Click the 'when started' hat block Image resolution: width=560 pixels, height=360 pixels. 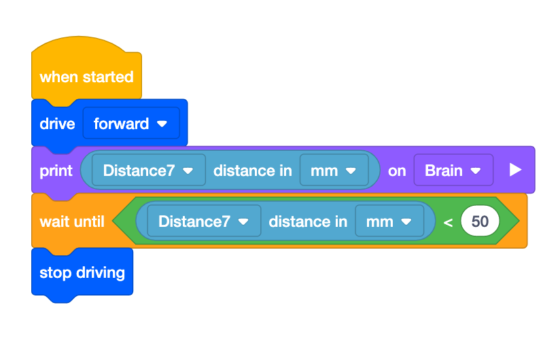(86, 77)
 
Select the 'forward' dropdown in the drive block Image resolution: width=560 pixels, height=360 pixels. (130, 124)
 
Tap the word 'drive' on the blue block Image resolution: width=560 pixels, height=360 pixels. (57, 124)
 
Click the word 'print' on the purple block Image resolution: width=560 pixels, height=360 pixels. (56, 170)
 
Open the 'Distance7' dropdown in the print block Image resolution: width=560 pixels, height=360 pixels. (148, 170)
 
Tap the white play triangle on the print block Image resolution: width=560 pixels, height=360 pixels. (515, 170)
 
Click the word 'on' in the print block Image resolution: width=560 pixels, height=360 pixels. (397, 170)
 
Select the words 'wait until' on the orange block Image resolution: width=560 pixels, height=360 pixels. (72, 221)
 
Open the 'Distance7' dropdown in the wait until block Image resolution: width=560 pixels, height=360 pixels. (203, 221)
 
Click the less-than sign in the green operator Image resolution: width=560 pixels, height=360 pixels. (448, 222)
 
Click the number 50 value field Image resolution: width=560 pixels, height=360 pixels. (480, 221)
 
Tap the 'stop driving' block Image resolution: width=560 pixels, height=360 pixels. (82, 272)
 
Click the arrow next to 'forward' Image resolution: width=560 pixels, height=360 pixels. (162, 124)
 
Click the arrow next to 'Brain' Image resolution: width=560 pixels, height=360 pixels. (476, 171)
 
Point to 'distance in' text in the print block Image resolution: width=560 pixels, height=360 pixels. (252, 170)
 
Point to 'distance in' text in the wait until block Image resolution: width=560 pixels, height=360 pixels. (307, 221)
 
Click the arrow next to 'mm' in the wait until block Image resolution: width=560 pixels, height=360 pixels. (406, 222)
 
